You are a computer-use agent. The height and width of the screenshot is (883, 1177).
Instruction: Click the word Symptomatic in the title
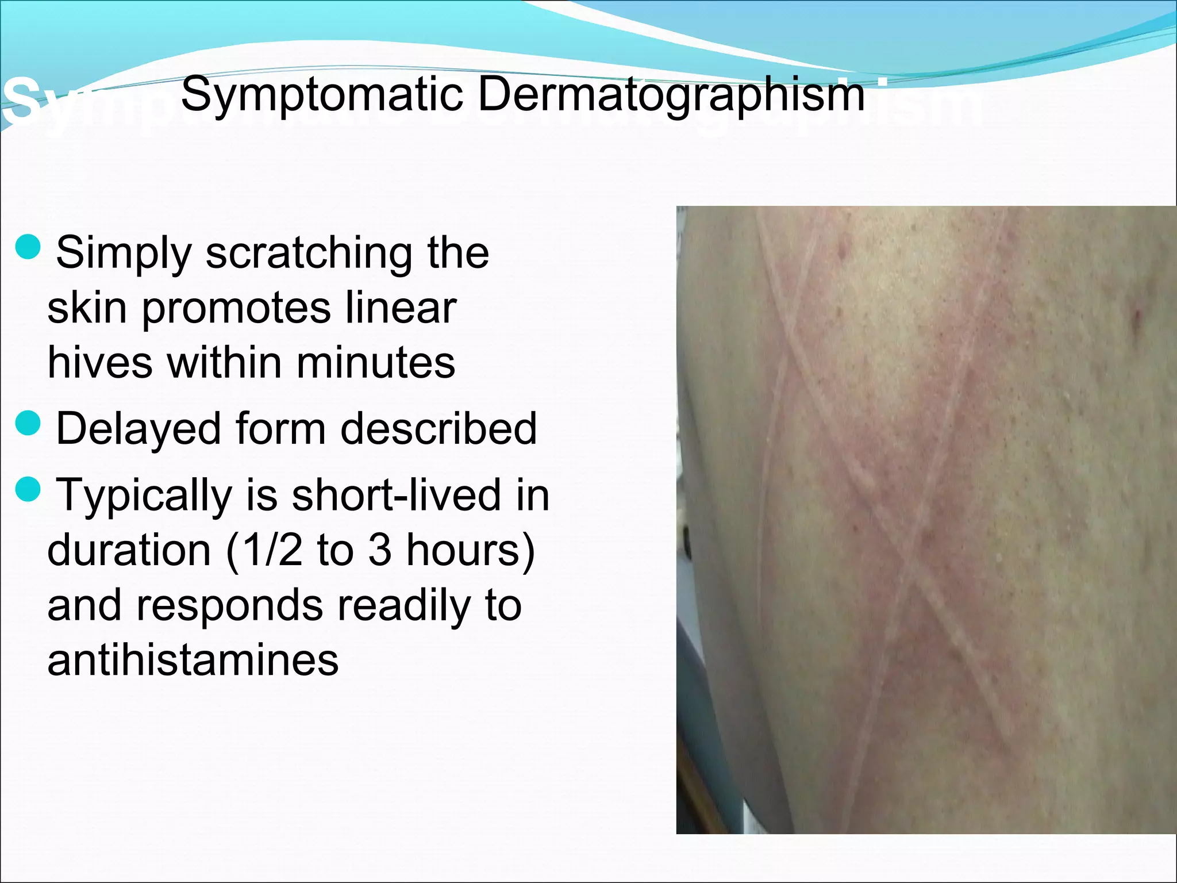(322, 95)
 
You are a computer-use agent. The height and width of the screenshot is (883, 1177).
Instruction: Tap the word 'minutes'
(376, 363)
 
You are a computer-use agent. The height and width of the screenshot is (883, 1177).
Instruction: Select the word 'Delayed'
(139, 429)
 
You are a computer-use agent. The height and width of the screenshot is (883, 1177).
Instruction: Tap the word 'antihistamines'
(193, 660)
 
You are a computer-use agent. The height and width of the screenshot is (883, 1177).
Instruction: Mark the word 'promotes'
(236, 308)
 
